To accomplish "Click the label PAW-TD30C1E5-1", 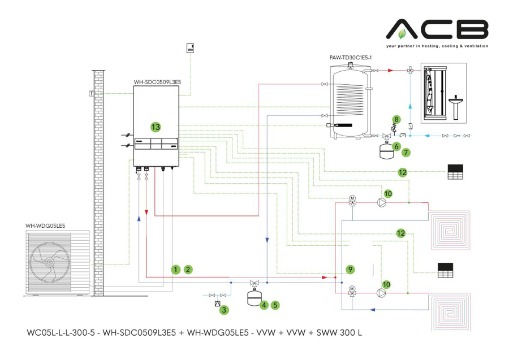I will tap(350, 58).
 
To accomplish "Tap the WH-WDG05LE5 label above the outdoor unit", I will tap(45, 225).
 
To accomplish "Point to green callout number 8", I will tap(396, 119).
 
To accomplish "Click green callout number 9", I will tap(350, 269).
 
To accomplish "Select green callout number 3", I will tap(225, 310).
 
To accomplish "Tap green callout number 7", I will tap(406, 152).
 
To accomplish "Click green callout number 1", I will tap(176, 270).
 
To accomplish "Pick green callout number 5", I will tap(275, 305).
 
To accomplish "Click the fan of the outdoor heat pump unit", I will tap(49, 262).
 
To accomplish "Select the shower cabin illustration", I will tap(430, 93).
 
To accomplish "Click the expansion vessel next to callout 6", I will tap(386, 150).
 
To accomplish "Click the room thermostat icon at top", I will tap(190, 49).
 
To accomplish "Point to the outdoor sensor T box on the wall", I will tap(92, 93).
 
